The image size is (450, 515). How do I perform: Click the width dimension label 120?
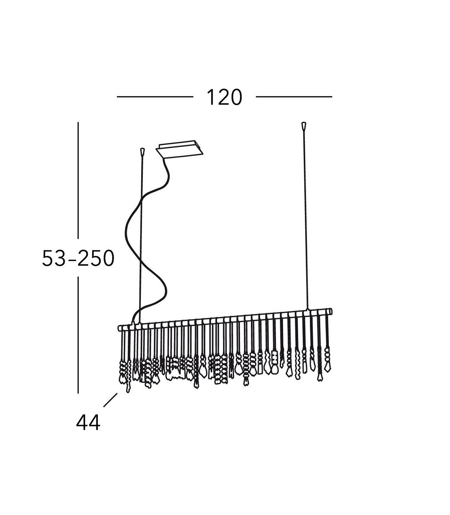coord(224,98)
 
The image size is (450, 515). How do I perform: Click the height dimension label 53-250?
coord(78,258)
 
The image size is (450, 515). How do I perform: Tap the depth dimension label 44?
coord(88,422)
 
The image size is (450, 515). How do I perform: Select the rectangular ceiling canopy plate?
coord(179,149)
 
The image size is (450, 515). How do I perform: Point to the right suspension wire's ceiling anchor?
coord(304,125)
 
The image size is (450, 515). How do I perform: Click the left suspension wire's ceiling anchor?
coord(142,151)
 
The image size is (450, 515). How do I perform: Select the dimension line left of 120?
coord(155,97)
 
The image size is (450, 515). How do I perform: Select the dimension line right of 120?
coord(294,97)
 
